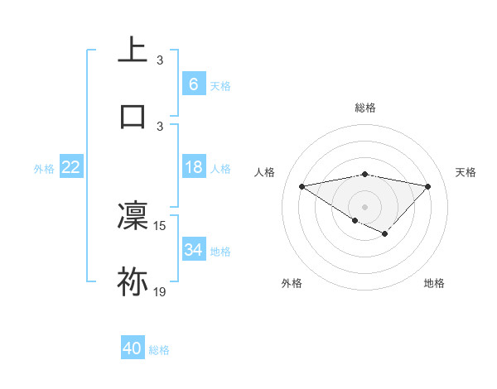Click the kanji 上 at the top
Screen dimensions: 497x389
tap(133, 50)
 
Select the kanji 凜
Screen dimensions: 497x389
tap(133, 216)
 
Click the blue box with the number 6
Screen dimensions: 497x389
tap(193, 84)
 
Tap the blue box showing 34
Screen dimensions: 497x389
tap(193, 250)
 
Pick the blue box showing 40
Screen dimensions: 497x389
tap(133, 349)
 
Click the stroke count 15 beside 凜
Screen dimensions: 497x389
tap(160, 225)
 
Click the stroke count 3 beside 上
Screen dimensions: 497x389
tap(160, 60)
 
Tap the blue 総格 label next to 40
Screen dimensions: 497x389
tap(159, 350)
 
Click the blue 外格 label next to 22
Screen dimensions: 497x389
tap(44, 169)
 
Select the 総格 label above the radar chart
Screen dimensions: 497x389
tap(365, 108)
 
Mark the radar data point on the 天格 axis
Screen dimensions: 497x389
tap(427, 186)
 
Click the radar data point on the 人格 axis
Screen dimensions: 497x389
tap(302, 185)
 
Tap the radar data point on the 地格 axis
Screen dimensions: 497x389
tap(384, 234)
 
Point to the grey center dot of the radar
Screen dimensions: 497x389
tap(364, 206)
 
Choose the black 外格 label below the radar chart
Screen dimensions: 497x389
tap(292, 283)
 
